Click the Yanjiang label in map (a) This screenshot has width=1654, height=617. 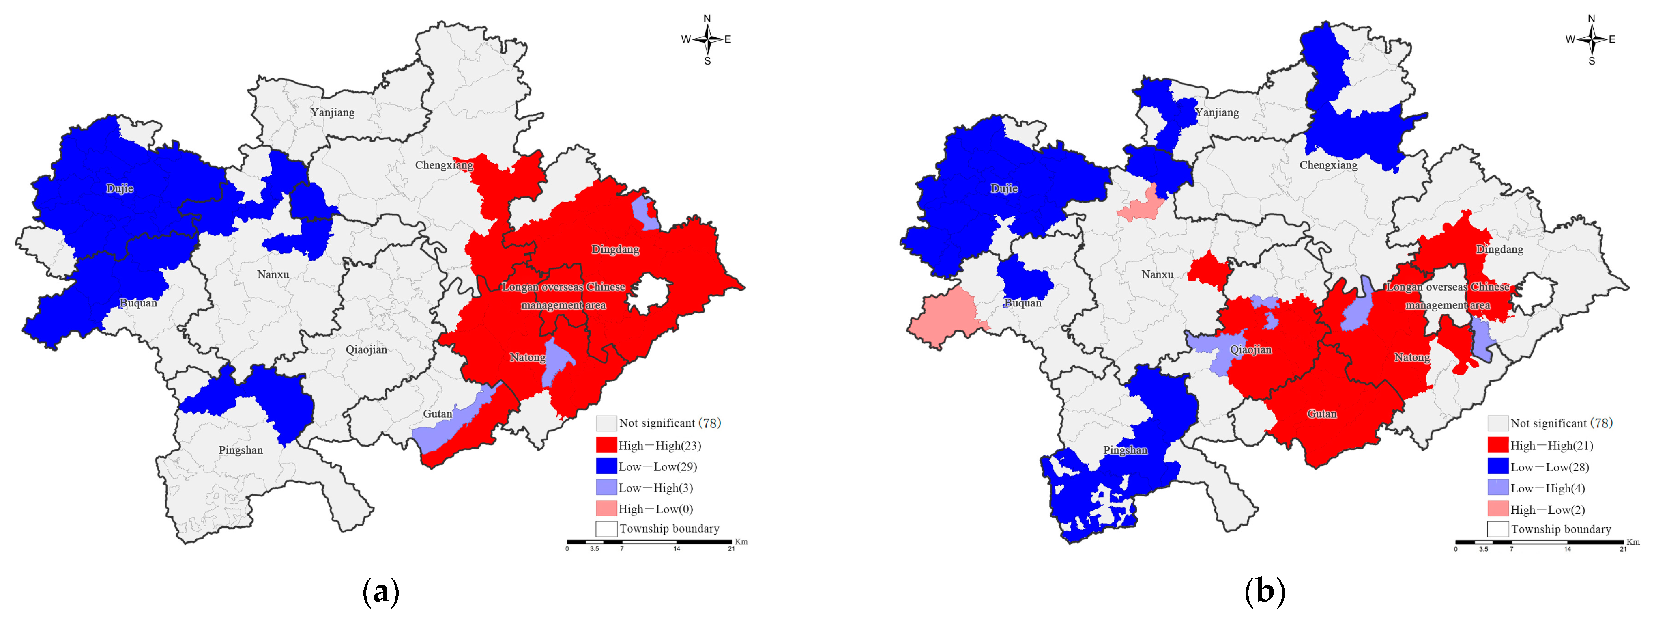[x=333, y=112]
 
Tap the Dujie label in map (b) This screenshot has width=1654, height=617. [x=1004, y=188]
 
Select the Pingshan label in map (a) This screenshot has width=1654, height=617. [x=241, y=450]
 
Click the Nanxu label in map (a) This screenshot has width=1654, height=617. [x=273, y=274]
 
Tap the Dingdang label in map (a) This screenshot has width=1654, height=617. [x=615, y=249]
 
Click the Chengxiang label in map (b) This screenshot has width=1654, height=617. [x=1328, y=165]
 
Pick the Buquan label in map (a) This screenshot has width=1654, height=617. [x=138, y=303]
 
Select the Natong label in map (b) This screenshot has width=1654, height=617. [x=1412, y=357]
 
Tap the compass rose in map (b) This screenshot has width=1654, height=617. [x=1592, y=40]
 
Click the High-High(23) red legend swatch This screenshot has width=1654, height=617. [x=606, y=445]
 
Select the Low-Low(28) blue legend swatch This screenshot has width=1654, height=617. [x=1498, y=467]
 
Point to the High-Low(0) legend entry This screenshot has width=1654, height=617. [x=655, y=509]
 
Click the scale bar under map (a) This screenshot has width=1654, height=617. [x=649, y=542]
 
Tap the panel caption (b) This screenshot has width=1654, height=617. [x=1265, y=590]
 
